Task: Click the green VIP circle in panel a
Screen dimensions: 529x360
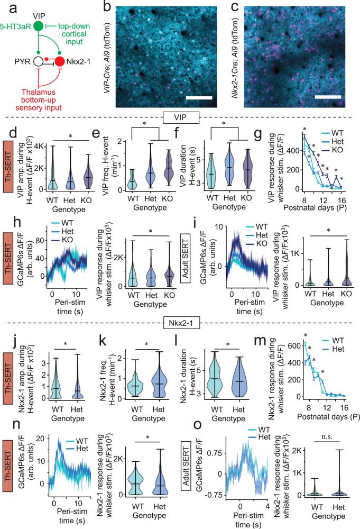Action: pyautogui.click(x=38, y=26)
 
